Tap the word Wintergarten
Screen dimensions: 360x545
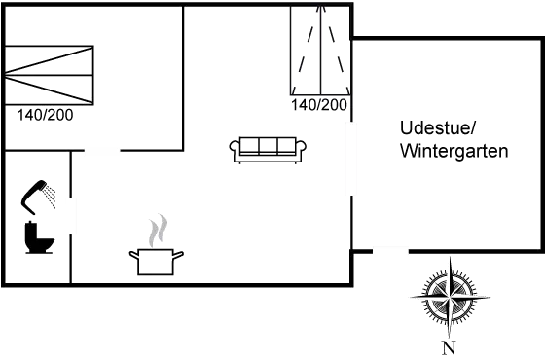pyautogui.click(x=454, y=153)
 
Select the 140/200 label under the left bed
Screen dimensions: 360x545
pyautogui.click(x=44, y=114)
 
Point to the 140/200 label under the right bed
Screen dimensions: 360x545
pyautogui.click(x=320, y=104)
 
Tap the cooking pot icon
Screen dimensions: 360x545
pyautogui.click(x=156, y=260)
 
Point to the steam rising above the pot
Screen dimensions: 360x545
pyautogui.click(x=154, y=232)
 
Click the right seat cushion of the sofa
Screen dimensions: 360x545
pyautogui.click(x=286, y=146)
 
